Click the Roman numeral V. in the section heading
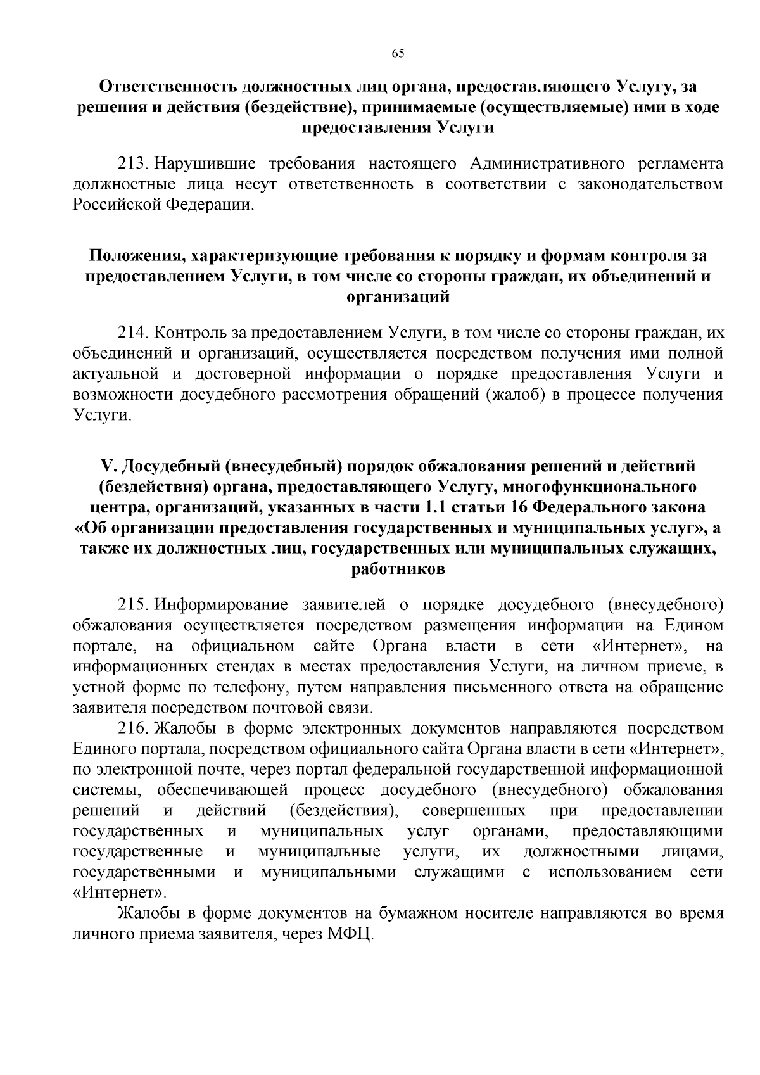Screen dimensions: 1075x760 (106, 467)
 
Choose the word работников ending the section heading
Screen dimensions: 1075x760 (398, 569)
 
